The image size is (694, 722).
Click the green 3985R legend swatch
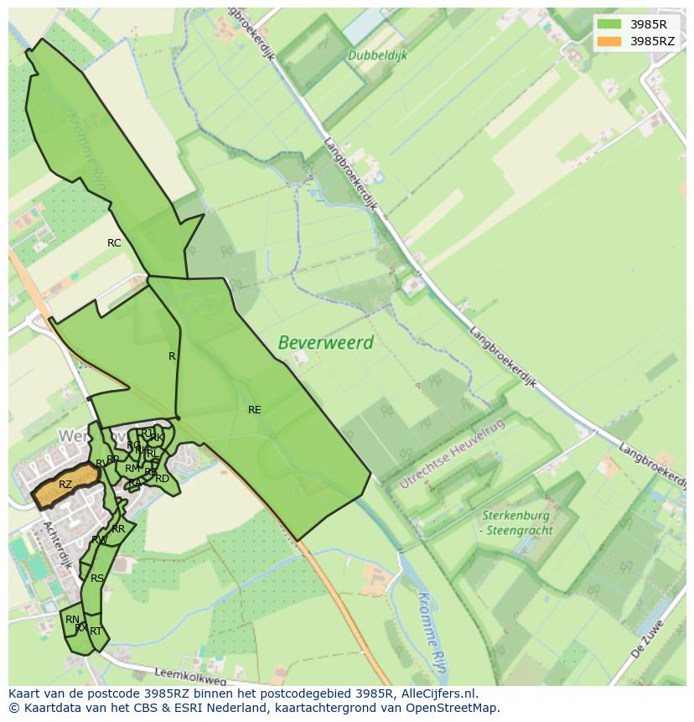click(609, 24)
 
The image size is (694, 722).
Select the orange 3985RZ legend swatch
click(609, 41)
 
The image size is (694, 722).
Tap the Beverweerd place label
click(325, 343)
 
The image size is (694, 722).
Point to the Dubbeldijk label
click(376, 55)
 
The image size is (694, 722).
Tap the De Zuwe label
click(650, 637)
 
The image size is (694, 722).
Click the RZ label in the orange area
click(65, 485)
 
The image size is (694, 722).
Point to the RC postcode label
click(114, 243)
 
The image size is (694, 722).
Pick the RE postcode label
click(255, 410)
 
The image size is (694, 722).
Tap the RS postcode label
click(97, 579)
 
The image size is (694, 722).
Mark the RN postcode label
click(72, 620)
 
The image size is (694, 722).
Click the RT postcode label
click(96, 631)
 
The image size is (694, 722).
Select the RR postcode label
click(118, 529)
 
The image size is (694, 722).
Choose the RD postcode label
click(162, 479)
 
